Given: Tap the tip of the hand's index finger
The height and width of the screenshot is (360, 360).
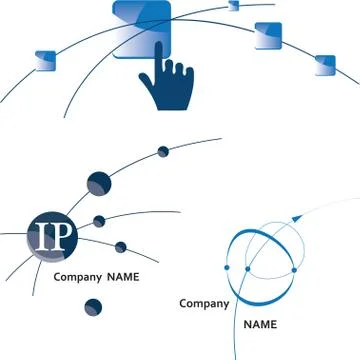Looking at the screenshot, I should click(157, 49).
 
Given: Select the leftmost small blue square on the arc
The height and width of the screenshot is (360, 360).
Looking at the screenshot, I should click(44, 64).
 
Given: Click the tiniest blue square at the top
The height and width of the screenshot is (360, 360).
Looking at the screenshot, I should click(235, 6).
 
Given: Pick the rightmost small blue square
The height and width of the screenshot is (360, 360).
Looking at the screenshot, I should click(325, 65).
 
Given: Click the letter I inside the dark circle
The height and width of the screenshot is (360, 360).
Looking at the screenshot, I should click(42, 235).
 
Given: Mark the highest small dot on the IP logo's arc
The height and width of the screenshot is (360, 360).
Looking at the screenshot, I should click(163, 152).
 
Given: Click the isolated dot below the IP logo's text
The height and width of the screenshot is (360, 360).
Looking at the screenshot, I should click(94, 307).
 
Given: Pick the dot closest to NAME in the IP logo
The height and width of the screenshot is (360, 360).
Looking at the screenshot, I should click(120, 247).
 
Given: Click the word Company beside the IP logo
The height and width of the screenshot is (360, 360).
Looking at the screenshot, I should click(77, 277).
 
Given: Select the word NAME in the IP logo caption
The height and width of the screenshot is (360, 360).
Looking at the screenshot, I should click(123, 277).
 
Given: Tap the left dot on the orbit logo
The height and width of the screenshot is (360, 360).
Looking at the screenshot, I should click(227, 268).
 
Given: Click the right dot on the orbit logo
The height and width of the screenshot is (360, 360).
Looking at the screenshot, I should click(295, 268).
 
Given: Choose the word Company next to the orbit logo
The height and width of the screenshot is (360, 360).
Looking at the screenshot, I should click(204, 303).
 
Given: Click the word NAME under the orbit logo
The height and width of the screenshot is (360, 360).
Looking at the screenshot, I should click(261, 325).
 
